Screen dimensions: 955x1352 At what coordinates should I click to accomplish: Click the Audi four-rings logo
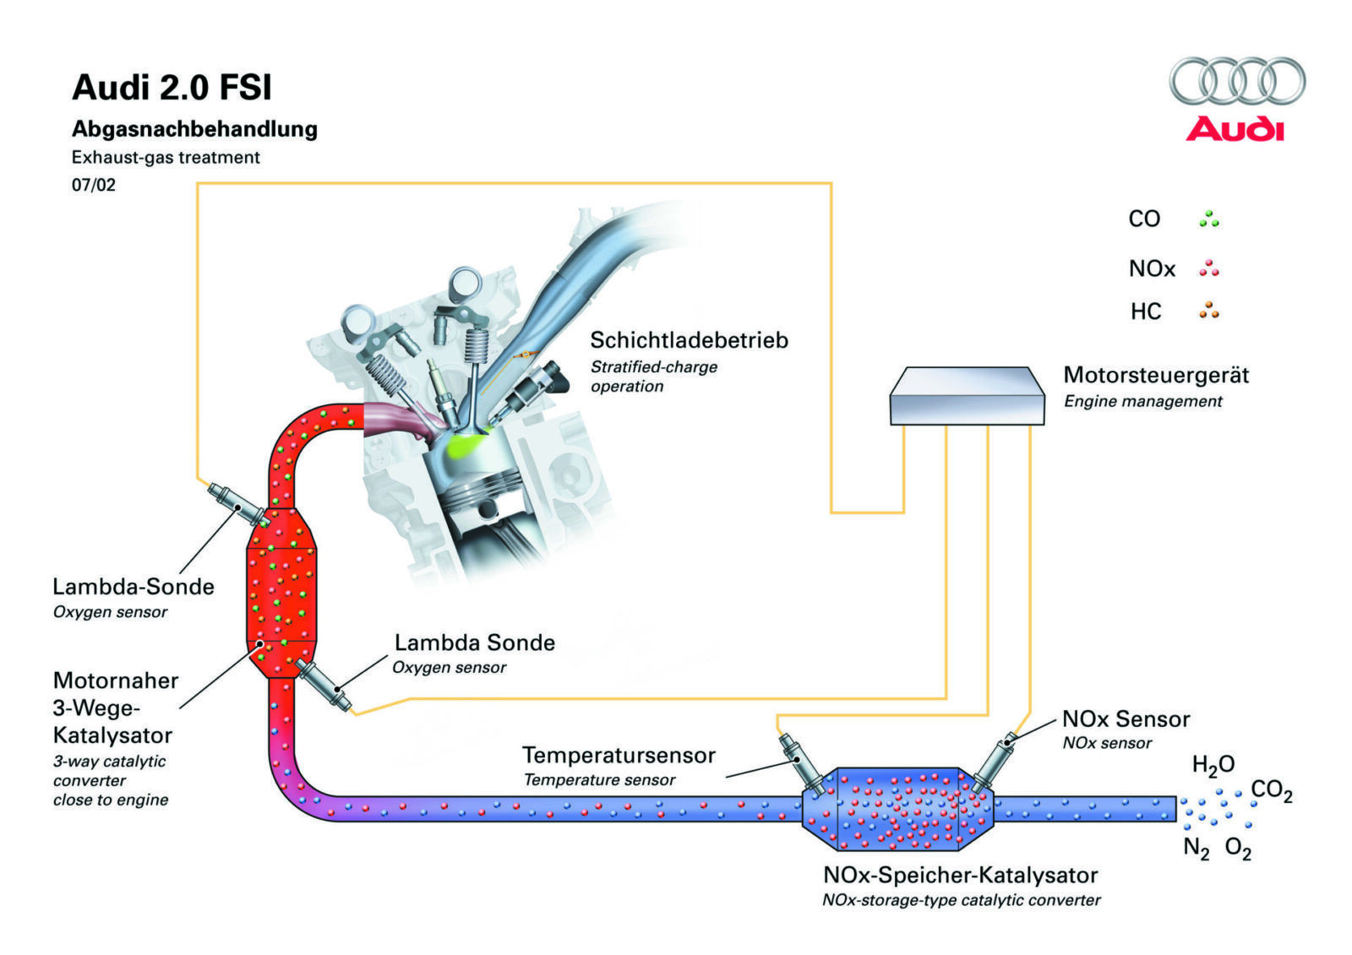1236,82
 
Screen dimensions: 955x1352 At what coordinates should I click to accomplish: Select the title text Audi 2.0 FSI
172,88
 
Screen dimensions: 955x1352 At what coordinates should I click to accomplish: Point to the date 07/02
94,185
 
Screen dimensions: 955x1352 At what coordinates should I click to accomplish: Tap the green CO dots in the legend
1208,219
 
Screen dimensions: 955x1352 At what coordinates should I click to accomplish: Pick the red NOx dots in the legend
1208,269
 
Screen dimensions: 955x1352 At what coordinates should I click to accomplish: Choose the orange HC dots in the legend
1208,311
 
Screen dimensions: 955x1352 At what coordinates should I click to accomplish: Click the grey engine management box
967,395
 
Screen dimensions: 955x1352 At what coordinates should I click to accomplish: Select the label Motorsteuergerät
1155,375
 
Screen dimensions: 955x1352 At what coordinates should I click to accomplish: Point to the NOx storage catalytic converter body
897,809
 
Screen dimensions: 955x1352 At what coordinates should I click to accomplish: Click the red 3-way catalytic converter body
281,591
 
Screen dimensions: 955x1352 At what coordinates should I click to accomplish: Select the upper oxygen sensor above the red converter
237,504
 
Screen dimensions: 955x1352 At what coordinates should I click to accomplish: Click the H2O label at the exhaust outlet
1213,765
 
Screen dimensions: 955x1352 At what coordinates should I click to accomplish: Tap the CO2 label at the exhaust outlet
1271,791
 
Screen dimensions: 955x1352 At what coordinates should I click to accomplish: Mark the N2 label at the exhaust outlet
1196,847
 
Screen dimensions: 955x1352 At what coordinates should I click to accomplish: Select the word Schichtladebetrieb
689,340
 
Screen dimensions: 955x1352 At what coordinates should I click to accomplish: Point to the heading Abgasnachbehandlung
194,129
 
